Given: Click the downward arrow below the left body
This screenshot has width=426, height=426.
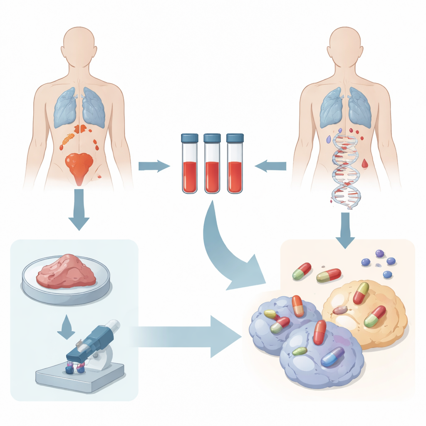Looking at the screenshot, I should [x=78, y=210].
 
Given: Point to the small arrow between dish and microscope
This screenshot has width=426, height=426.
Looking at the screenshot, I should [x=65, y=327].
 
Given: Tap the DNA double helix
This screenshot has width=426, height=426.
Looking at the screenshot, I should [x=344, y=171].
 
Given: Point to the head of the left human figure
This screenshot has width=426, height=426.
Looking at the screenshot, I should [x=79, y=46].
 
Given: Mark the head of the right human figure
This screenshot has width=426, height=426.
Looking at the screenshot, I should [x=345, y=46].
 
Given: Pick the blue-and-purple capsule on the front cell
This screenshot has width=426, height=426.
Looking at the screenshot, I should [x=333, y=357].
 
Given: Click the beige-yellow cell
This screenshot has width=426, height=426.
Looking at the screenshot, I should [x=366, y=312].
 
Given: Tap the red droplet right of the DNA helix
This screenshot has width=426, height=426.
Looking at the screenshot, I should [x=365, y=163].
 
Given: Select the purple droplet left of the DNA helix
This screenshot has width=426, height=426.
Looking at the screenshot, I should [x=329, y=139].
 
